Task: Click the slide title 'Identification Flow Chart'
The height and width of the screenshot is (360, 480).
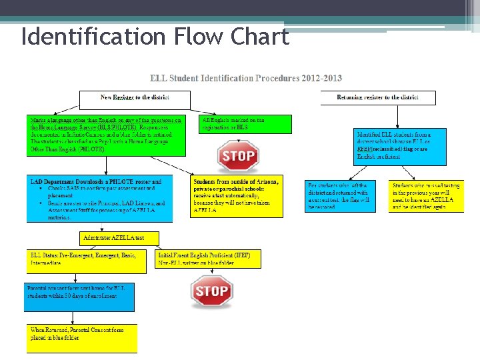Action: tap(155, 37)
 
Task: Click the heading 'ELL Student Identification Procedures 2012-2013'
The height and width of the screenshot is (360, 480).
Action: tap(246, 78)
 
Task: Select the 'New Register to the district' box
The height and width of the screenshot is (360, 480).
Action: tap(135, 99)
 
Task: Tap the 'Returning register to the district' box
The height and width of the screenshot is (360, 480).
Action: tap(377, 97)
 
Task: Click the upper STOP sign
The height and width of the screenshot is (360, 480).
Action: tap(238, 157)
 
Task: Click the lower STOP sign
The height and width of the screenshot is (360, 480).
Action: tap(211, 291)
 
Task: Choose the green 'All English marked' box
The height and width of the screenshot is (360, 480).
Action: tap(241, 124)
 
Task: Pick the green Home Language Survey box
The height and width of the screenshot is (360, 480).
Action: tap(105, 135)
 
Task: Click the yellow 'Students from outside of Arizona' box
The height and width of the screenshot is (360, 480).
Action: tap(237, 196)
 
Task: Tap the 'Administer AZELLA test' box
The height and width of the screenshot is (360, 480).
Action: tap(120, 238)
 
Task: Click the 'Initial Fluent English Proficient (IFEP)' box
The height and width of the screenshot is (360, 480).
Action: tap(208, 259)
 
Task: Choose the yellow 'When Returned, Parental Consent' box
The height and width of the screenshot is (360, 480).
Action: tap(82, 338)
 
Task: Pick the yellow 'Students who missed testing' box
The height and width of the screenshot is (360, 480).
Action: tap(427, 196)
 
